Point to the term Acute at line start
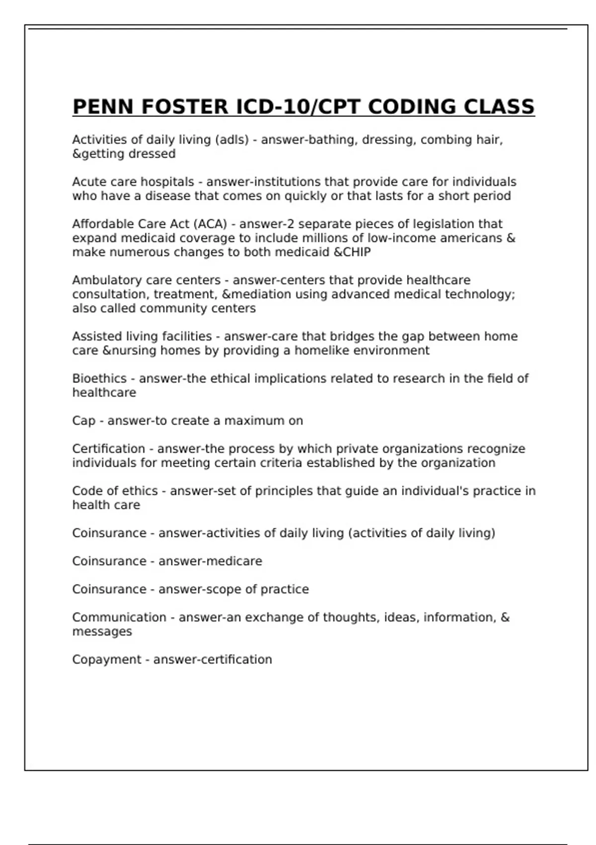(x=87, y=182)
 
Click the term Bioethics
(x=99, y=379)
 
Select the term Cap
(x=83, y=421)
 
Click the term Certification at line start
(x=109, y=449)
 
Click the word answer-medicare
(x=210, y=561)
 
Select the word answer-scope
(x=200, y=590)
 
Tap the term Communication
(x=119, y=617)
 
